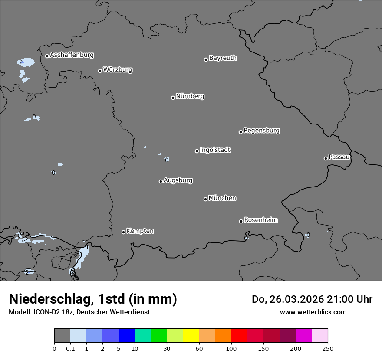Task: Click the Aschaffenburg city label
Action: tap(72, 55)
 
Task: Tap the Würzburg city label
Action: tap(118, 70)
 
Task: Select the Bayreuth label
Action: tap(223, 58)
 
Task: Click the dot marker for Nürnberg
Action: tap(173, 98)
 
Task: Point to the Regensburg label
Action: tap(261, 131)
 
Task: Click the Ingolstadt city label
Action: tap(215, 150)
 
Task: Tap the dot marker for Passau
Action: tap(326, 158)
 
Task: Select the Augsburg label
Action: tap(178, 180)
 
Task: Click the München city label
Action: tap(222, 198)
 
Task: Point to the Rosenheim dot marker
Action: tap(241, 222)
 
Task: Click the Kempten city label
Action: tap(140, 231)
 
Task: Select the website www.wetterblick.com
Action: tap(313, 312)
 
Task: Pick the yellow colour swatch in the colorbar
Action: tap(191, 336)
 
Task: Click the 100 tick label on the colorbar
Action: tap(231, 348)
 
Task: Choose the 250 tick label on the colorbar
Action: tap(328, 348)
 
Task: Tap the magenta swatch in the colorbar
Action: tap(303, 336)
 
